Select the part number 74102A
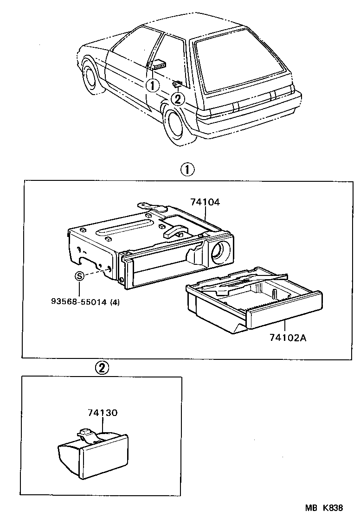(x=288, y=338)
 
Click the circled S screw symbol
(x=79, y=276)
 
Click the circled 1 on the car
(x=152, y=85)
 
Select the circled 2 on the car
(x=178, y=98)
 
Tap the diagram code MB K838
(x=324, y=508)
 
